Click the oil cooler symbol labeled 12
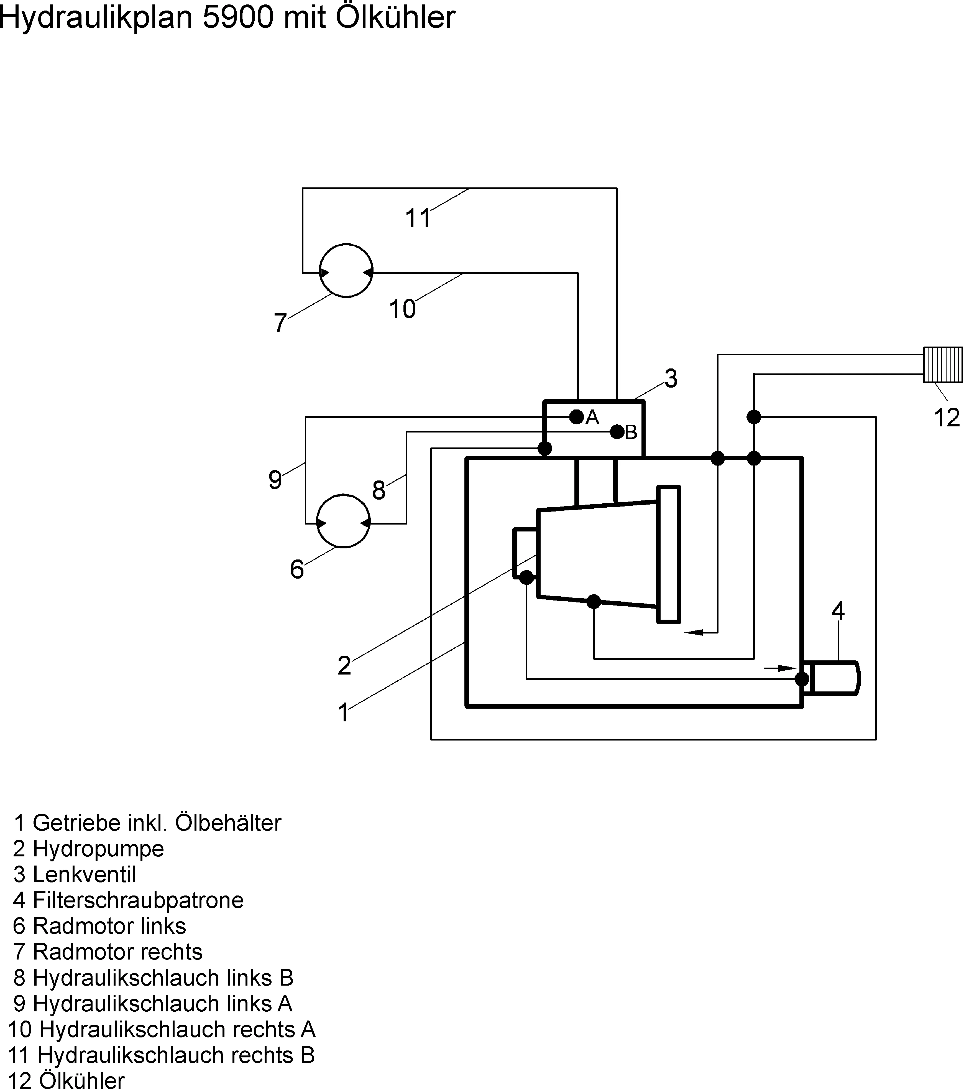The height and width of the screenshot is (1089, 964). (x=943, y=365)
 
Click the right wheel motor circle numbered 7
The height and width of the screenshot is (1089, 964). (x=346, y=271)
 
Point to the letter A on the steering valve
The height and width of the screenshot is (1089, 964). (x=592, y=417)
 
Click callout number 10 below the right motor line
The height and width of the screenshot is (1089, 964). (x=402, y=309)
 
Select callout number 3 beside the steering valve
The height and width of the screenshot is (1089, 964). (x=671, y=379)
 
